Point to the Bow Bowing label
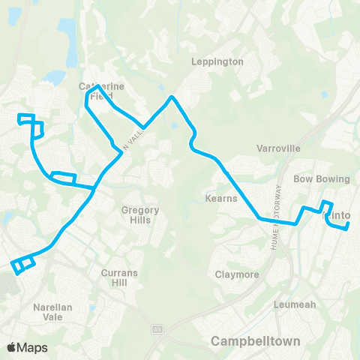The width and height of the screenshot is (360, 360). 322,179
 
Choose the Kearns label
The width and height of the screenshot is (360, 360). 221,199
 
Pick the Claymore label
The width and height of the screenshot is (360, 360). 237,274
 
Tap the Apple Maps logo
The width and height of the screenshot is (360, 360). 27,347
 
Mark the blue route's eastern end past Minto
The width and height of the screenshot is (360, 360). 349,229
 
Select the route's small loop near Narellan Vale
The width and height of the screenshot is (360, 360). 23,265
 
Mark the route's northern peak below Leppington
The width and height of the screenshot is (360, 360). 172,97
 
